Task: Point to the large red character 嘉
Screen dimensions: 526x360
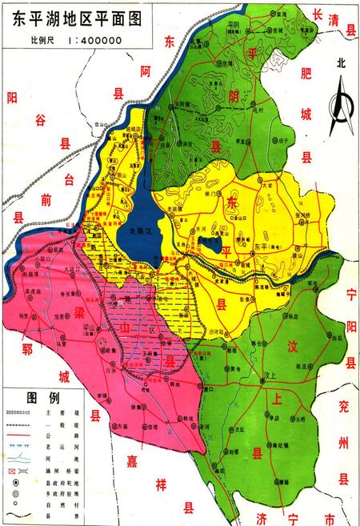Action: coord(132,460)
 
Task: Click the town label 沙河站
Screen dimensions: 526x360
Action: coord(216,330)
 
